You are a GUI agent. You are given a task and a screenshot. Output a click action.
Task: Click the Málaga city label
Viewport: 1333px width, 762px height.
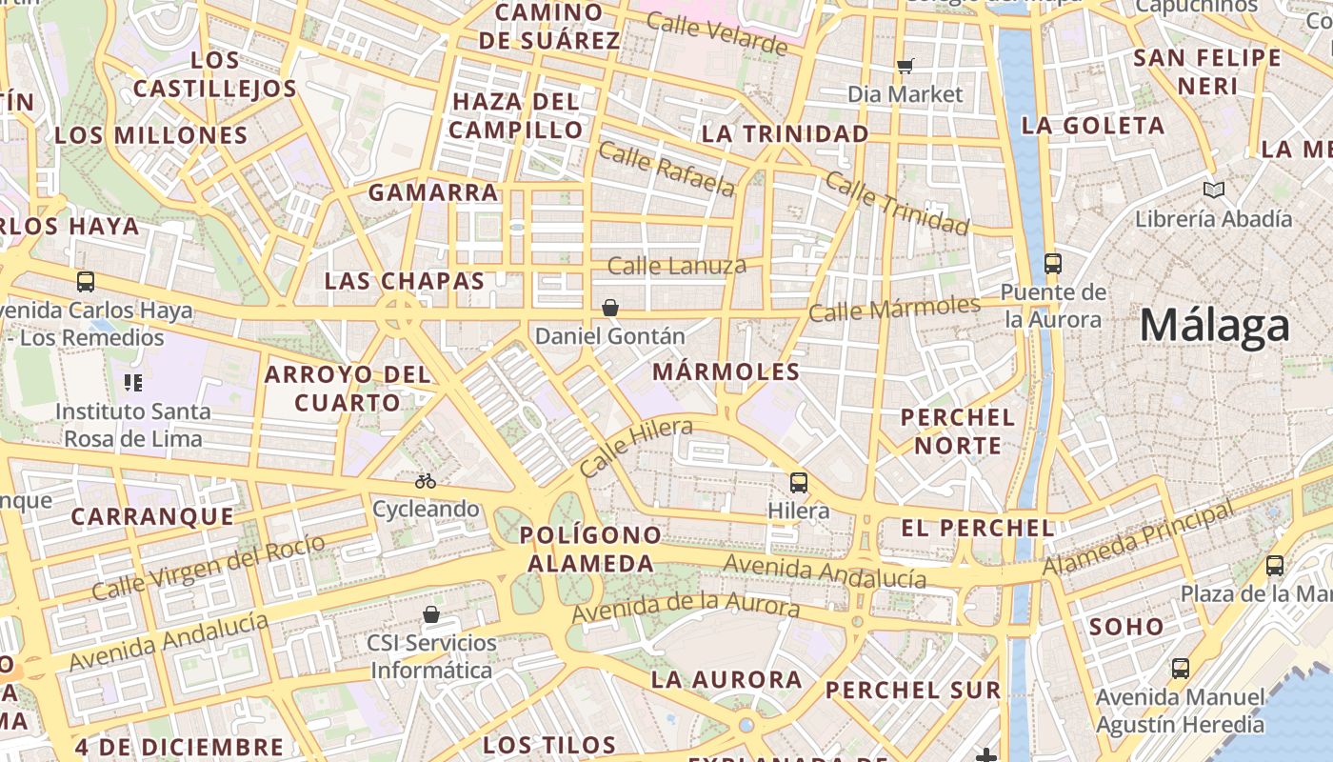[1215, 326]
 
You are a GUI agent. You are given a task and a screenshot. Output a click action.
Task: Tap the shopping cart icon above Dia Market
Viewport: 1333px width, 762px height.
[905, 66]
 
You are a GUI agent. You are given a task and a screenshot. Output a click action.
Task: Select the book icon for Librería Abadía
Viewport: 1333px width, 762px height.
[1213, 190]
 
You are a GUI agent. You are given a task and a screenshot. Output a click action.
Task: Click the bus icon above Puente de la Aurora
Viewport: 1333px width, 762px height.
[1052, 263]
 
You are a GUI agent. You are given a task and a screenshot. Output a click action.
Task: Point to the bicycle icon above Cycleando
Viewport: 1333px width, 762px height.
[426, 481]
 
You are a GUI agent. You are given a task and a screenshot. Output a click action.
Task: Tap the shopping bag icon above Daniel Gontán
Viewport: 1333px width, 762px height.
[610, 308]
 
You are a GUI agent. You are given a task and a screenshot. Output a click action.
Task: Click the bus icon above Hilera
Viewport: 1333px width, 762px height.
[798, 483]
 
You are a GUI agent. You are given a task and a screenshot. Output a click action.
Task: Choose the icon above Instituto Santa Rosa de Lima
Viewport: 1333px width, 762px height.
[132, 383]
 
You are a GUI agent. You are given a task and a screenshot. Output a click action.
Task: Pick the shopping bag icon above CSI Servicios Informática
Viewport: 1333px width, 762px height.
[431, 614]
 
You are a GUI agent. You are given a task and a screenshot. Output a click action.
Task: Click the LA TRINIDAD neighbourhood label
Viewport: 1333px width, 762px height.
[786, 134]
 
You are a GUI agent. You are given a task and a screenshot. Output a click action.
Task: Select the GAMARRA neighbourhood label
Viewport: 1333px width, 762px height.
[433, 192]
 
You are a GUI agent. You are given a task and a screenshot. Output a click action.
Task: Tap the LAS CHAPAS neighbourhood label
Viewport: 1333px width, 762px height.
[405, 282]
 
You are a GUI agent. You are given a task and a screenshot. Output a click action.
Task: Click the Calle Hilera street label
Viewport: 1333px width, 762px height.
[636, 447]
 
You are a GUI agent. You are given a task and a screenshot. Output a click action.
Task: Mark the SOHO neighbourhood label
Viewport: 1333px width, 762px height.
[1126, 627]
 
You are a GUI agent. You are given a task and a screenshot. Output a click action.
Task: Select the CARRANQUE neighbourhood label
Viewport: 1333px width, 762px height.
[152, 517]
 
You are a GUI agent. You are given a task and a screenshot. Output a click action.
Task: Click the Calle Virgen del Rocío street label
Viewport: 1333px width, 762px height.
[209, 566]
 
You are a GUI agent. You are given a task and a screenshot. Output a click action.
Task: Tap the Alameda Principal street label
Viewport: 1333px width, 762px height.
[1138, 539]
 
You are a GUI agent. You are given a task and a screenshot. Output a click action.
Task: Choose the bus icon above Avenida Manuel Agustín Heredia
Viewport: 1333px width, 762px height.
[1181, 669]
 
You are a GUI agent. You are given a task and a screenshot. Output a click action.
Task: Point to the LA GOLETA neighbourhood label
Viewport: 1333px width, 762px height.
[1093, 126]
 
